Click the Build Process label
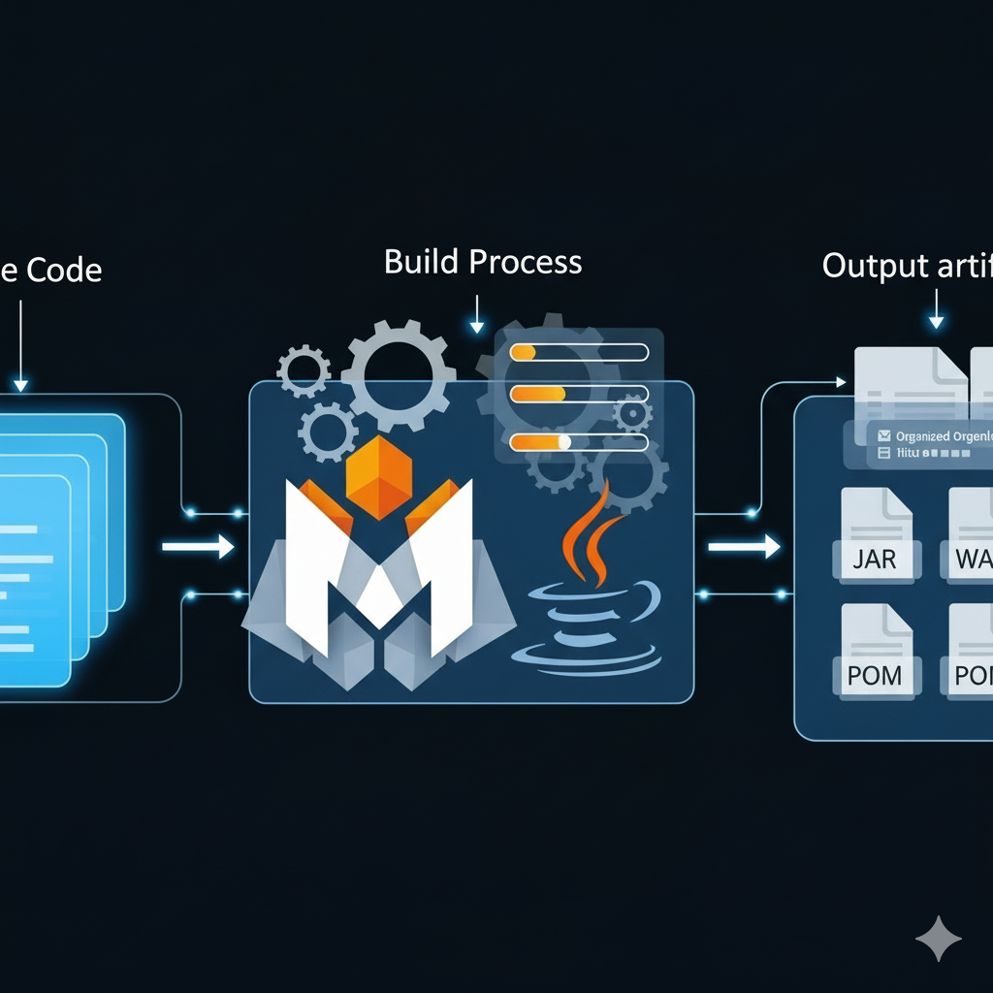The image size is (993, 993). click(x=483, y=263)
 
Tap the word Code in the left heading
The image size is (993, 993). click(x=63, y=269)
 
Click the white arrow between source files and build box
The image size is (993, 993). click(x=198, y=548)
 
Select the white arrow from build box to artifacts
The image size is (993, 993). click(x=744, y=548)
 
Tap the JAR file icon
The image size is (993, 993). click(x=876, y=535)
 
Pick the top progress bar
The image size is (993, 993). click(x=579, y=352)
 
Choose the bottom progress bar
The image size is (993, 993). click(x=579, y=441)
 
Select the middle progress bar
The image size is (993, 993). click(x=579, y=394)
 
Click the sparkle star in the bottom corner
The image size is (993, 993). click(x=939, y=939)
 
